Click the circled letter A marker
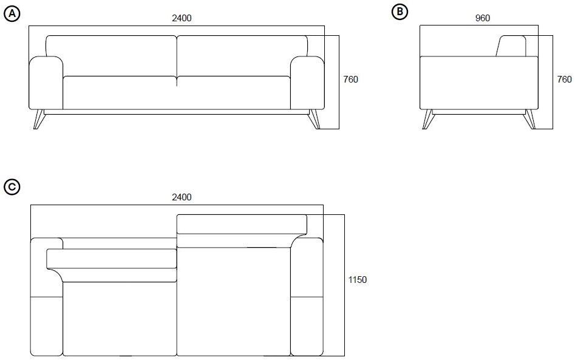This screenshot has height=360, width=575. coord(12,14)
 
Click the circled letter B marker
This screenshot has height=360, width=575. coord(400,12)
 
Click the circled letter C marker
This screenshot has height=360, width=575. coord(12,187)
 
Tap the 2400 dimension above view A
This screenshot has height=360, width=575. coord(182,18)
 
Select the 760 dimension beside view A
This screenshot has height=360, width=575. coord(350,79)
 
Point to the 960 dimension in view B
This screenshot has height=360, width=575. coord(483,18)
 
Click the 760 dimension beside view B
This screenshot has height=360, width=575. coord(564,79)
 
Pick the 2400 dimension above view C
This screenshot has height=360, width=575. coord(182,197)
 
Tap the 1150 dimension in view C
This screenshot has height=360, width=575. coord(358,280)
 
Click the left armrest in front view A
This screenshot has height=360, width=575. coord(46,83)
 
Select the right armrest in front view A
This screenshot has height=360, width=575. coord(307,83)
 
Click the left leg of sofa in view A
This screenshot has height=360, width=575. coord(38,119)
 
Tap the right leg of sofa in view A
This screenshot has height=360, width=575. coord(315,119)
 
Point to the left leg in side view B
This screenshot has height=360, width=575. coord(428,119)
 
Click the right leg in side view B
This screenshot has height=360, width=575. coord(531,119)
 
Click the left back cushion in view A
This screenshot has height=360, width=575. coord(112,56)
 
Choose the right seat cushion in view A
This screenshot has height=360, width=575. coord(234,93)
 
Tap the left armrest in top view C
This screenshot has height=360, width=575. coord(46,297)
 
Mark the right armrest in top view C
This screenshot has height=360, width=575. coord(307,297)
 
